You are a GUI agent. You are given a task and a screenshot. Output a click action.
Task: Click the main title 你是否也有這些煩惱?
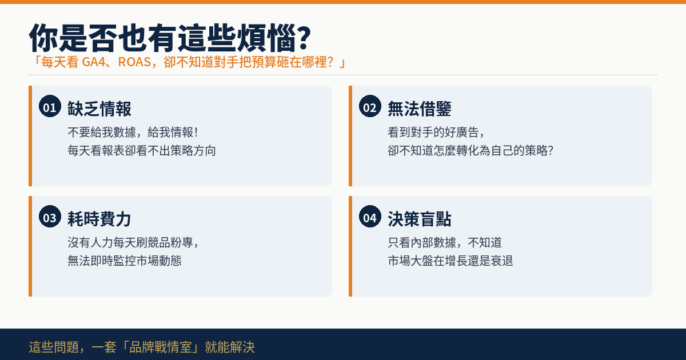(x=170, y=38)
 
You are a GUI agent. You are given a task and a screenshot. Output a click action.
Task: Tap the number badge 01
(x=50, y=106)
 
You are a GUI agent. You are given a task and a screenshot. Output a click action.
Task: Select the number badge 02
(x=370, y=106)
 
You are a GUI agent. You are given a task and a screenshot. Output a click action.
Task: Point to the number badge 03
(x=50, y=216)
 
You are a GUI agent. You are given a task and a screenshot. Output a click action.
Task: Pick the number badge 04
(x=370, y=216)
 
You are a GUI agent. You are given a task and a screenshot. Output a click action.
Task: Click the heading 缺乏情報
(x=99, y=109)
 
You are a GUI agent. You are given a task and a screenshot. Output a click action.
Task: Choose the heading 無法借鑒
(x=419, y=109)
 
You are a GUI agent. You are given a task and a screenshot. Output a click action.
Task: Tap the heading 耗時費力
(x=99, y=219)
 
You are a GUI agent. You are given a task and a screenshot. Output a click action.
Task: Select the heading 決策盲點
(x=419, y=219)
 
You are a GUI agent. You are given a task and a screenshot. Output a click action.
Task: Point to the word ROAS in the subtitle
(x=134, y=62)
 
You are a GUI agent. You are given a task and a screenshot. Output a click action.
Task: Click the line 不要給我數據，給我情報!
(x=133, y=132)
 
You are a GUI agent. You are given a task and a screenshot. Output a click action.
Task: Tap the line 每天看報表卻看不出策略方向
(x=142, y=151)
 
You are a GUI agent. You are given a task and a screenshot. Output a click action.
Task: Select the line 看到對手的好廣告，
(x=436, y=132)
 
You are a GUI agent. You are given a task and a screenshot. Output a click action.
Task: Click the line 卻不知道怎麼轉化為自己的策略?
(x=470, y=151)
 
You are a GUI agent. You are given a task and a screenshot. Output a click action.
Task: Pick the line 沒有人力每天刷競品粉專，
(x=134, y=242)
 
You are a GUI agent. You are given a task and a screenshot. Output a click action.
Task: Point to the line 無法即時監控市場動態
(x=125, y=261)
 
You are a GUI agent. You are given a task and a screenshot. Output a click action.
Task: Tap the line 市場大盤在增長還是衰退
(x=450, y=261)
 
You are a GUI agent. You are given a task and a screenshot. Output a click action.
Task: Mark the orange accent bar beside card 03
(x=30, y=246)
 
